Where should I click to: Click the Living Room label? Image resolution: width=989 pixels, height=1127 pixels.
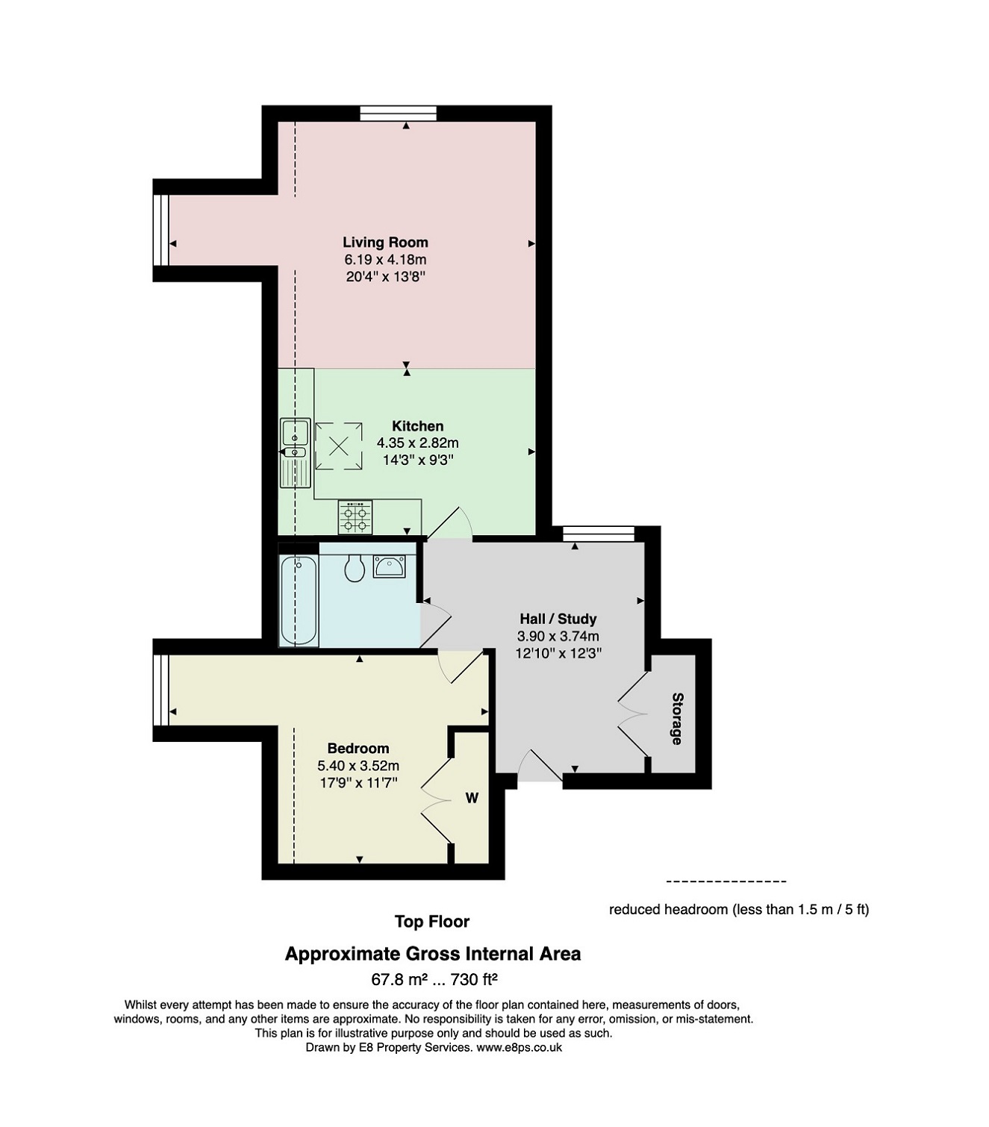point(385,243)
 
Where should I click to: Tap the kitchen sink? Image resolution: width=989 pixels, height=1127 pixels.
point(295,453)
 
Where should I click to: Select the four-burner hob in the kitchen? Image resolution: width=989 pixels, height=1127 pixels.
point(355,517)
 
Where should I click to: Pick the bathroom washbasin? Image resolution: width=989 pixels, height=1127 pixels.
point(390,566)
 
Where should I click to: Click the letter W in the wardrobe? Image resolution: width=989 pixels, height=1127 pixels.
point(472,799)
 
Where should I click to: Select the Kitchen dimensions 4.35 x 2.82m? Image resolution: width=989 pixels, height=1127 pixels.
point(418,443)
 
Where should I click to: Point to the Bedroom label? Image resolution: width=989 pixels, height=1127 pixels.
point(358,748)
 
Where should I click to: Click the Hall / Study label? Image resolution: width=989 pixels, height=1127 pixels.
point(558,619)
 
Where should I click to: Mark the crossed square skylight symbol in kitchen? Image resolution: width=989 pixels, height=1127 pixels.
point(339,446)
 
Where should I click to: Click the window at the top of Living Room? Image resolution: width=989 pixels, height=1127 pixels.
point(399,113)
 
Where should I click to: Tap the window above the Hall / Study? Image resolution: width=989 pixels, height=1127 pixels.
point(599,534)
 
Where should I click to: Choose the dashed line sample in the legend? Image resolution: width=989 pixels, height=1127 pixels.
point(726,881)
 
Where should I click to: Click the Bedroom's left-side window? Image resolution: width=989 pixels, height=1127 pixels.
point(160,690)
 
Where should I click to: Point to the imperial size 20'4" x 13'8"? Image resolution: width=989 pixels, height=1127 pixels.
point(385,276)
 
